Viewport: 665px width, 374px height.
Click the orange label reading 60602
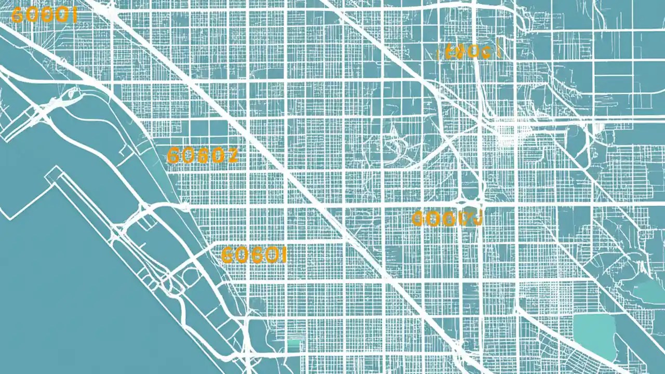click(203, 155)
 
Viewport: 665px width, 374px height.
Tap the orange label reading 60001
click(44, 16)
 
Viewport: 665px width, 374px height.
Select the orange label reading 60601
click(254, 255)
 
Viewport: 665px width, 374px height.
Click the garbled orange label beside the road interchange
click(447, 219)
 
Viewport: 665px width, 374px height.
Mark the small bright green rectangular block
click(294, 343)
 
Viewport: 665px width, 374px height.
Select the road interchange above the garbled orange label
click(470, 200)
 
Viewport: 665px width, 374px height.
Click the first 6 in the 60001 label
click(17, 16)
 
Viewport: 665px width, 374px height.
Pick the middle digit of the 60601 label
click(254, 255)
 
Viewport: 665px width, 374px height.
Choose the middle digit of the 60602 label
click(203, 155)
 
